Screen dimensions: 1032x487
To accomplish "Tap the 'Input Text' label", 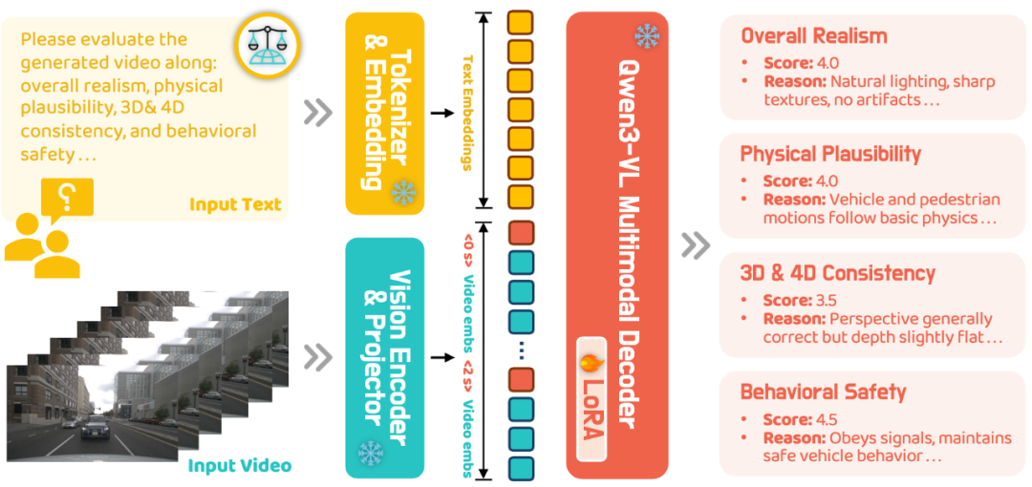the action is point(235,204).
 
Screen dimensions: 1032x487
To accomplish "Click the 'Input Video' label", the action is point(239,466).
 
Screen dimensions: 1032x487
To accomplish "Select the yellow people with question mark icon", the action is point(48,229).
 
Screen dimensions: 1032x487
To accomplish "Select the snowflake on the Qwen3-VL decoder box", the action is point(647,36).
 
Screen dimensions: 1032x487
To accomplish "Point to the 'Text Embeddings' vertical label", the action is point(467,110).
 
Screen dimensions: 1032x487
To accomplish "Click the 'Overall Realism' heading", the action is point(814,36).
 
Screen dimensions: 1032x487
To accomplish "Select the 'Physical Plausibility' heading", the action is point(830,154).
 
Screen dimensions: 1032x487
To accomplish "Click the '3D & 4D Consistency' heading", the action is point(837,273).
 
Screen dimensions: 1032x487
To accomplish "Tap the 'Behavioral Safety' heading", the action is point(823,392).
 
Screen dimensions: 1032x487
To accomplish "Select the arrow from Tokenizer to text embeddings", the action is point(441,113).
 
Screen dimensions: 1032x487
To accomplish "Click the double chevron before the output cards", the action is point(695,245).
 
